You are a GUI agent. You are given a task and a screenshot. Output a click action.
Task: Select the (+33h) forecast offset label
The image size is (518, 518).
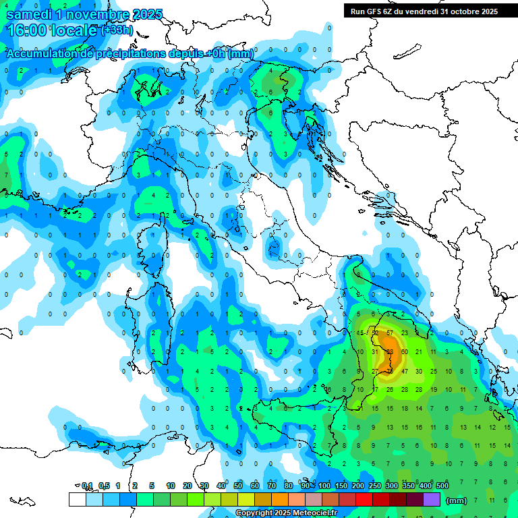115,30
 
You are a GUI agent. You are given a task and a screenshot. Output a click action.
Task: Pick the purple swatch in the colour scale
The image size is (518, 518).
432,500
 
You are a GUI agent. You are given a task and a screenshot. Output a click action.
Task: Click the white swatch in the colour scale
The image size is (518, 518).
77,500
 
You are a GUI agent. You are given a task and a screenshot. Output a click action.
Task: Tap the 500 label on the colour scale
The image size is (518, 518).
442,486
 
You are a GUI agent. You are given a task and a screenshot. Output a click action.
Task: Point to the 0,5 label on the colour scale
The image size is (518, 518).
104,486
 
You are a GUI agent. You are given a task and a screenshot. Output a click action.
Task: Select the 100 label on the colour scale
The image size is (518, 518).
324,486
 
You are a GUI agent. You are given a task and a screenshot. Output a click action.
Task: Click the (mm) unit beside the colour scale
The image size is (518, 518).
457,500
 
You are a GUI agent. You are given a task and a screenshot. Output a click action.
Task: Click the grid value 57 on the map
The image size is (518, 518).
389,333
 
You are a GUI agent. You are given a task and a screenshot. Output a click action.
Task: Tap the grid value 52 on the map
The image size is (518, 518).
375,333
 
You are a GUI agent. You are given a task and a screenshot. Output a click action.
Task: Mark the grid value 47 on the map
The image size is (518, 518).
405,371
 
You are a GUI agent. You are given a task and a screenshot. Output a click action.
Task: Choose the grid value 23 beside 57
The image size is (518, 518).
405,333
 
